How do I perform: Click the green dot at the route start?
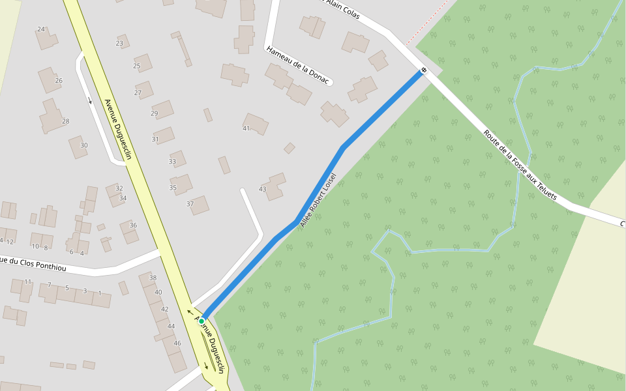tap(202, 321)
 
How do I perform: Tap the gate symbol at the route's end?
tap(424, 70)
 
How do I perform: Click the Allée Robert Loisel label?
tap(318, 200)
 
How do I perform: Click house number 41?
tap(246, 128)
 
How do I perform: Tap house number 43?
tap(262, 189)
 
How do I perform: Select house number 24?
tap(41, 29)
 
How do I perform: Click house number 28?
tap(65, 121)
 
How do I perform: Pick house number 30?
tap(83, 145)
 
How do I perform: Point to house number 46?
tap(177, 343)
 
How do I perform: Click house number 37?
tap(190, 204)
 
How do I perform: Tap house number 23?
tap(119, 44)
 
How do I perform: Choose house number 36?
tap(133, 225)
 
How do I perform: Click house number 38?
tap(153, 278)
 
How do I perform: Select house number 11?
tap(28, 282)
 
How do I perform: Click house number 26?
tap(59, 81)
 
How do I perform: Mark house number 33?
tap(172, 162)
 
